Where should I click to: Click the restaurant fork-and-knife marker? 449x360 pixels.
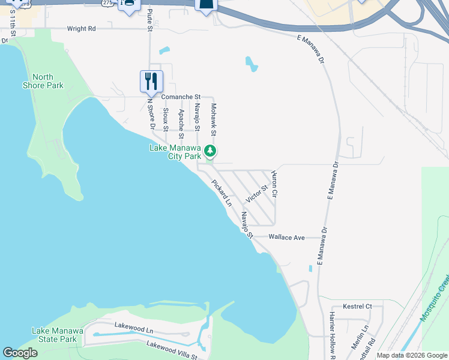click(x=151, y=81)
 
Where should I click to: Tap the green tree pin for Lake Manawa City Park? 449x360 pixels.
click(x=209, y=151)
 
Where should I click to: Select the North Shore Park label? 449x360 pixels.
click(x=43, y=81)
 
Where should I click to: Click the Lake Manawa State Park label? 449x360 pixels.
click(x=55, y=335)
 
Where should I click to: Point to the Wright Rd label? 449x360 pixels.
click(x=81, y=28)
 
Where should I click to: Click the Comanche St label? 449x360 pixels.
click(x=179, y=97)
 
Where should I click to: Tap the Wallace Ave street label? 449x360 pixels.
click(x=286, y=238)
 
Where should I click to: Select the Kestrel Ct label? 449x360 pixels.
click(x=357, y=307)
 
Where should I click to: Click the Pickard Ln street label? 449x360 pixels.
click(x=221, y=191)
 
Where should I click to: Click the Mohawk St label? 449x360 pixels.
click(x=212, y=119)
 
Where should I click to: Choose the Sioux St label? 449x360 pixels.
click(x=166, y=119)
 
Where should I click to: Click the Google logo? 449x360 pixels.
click(x=20, y=353)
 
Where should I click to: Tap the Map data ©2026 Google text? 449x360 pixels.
click(x=411, y=355)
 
